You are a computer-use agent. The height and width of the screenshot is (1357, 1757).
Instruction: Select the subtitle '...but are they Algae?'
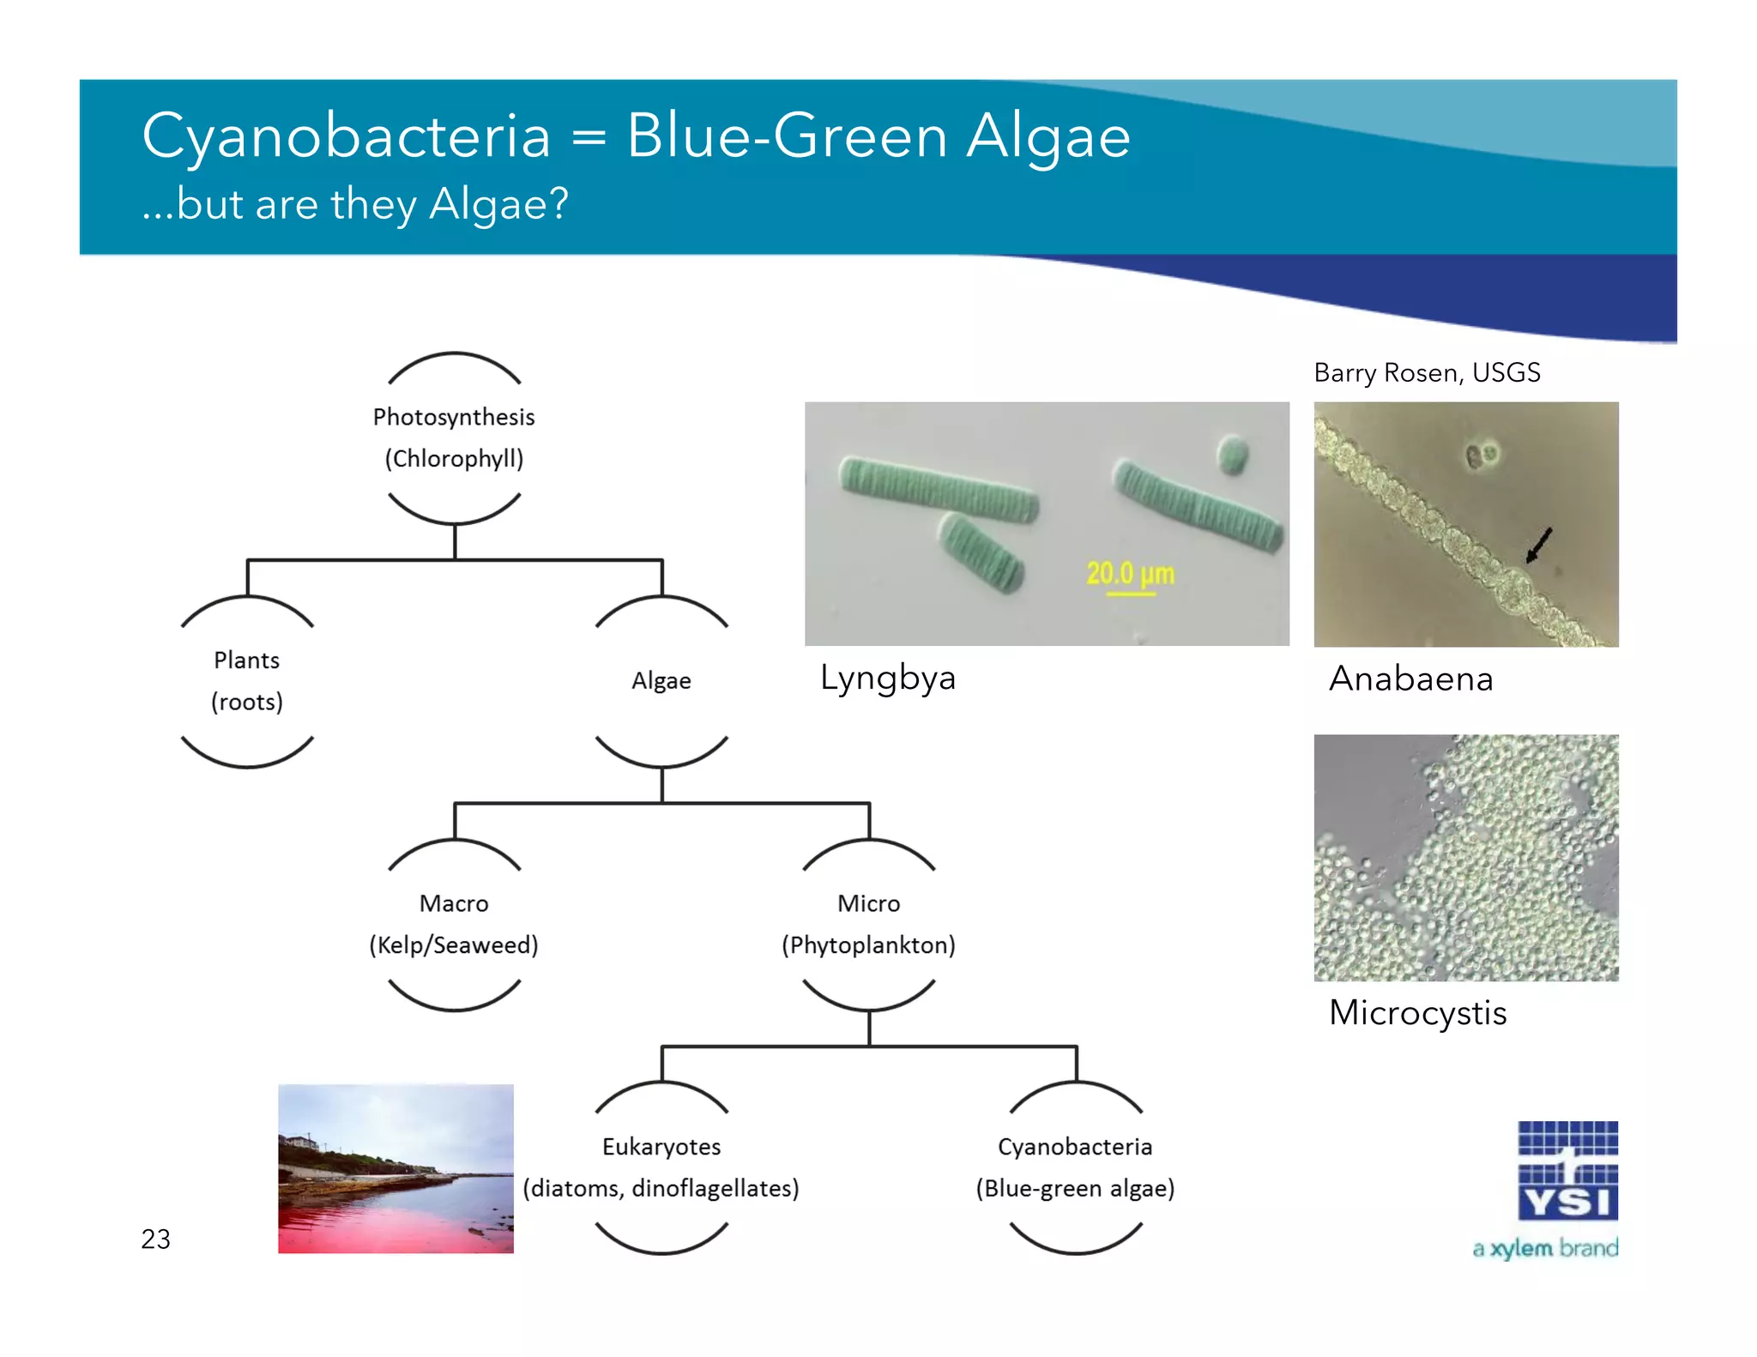coord(354,204)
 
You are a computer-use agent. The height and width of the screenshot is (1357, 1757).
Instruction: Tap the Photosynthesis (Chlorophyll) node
coord(454,437)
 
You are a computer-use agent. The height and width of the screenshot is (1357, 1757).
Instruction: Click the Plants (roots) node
coord(247,681)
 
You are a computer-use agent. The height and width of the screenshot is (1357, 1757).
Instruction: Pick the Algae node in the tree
coord(661,681)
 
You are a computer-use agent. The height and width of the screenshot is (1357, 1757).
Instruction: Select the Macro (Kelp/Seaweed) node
coord(454,925)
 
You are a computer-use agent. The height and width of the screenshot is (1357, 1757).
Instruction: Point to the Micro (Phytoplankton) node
coord(868,925)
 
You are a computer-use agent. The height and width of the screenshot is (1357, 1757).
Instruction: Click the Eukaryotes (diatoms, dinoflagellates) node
coord(661,1167)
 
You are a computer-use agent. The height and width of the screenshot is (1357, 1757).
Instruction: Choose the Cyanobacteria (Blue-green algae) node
coord(1075,1167)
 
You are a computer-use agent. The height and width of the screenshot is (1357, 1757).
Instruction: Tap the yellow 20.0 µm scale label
coord(1130,573)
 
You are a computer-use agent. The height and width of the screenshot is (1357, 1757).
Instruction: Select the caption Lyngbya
coord(887,678)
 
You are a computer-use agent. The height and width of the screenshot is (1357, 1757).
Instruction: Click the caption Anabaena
coord(1411,679)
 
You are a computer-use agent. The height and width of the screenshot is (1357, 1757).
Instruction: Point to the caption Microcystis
coord(1417,1013)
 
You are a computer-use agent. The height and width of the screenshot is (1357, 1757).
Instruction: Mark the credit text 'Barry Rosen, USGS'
coord(1427,372)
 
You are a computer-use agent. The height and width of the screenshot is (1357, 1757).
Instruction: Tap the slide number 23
coord(156,1239)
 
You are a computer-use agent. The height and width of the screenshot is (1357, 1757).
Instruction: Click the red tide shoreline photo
coord(395,1168)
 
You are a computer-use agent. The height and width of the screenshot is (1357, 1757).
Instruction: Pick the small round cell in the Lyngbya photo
coord(1233,454)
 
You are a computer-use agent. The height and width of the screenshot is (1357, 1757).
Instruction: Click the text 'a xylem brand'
coord(1545,1248)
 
